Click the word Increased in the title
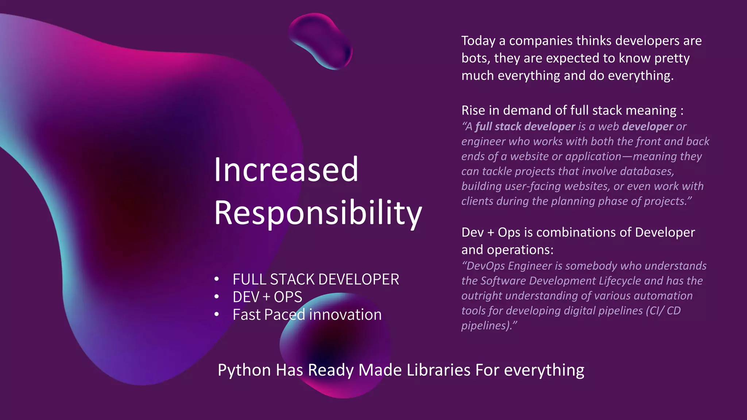[x=286, y=170]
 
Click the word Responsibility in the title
[x=318, y=213]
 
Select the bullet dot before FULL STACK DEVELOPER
[x=217, y=279]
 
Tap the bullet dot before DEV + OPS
[x=217, y=297]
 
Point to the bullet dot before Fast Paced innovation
[x=217, y=314]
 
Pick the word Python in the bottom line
[x=244, y=370]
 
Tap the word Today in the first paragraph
[x=478, y=41]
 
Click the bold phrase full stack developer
[x=525, y=127]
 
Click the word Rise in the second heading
[x=473, y=110]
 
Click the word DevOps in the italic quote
[x=485, y=266]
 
